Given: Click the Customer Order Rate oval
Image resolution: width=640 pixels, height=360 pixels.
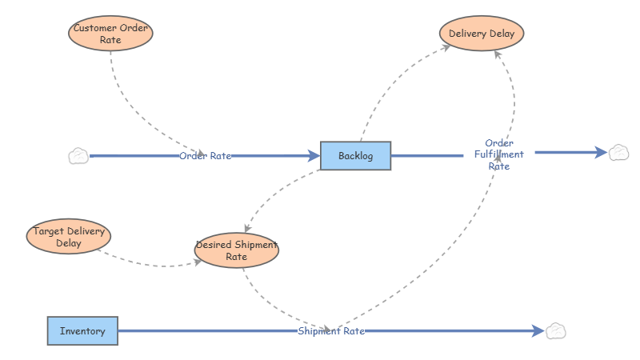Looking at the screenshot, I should click(x=110, y=34).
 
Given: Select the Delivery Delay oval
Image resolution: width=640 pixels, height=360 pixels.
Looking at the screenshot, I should click(x=482, y=34).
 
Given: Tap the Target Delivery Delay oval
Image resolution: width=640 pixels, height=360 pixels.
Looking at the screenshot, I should click(x=69, y=237).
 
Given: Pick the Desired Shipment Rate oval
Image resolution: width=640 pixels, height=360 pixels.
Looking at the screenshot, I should click(x=236, y=250).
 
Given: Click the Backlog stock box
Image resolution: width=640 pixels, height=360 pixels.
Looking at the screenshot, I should click(x=355, y=155).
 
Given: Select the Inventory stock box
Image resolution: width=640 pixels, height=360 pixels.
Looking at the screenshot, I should click(x=82, y=330).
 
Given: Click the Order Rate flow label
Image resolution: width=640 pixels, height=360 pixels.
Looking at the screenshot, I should click(x=205, y=156).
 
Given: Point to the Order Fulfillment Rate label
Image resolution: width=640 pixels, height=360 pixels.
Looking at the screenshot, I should click(x=498, y=154).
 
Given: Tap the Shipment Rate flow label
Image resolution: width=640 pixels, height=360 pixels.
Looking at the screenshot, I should click(x=331, y=330).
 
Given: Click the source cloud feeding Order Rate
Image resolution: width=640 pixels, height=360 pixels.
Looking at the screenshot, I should click(x=78, y=156).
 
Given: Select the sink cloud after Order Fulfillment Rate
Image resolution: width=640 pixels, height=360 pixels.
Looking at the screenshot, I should click(x=618, y=152).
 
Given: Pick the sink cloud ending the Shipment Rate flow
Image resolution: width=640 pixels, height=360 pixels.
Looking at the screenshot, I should click(x=556, y=330).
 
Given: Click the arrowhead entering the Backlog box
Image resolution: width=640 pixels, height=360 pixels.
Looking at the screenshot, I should click(x=314, y=156).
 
